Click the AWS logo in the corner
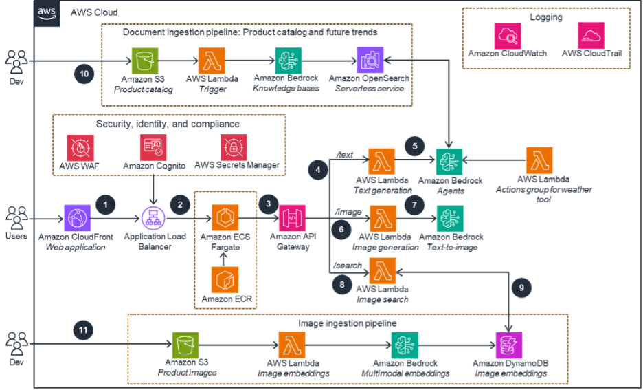coord(46,13)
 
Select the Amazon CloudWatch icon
coord(508,36)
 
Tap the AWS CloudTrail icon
coord(591,36)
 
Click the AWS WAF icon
coord(80,148)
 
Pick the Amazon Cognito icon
coord(153,148)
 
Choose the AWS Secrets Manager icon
coord(234,148)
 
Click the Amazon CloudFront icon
coord(77,218)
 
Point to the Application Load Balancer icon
coord(153,218)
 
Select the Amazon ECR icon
coord(225,279)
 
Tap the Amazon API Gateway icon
coord(293,218)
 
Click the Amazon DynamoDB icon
coord(509,345)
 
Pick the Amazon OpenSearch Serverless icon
coord(370,61)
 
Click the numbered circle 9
coord(521,288)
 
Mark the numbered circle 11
coord(83,330)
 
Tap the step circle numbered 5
coord(415,146)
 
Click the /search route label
coord(348,266)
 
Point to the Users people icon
coord(16,218)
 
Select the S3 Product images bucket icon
coord(185,345)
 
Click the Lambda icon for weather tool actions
coord(539,160)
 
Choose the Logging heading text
coord(546,17)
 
